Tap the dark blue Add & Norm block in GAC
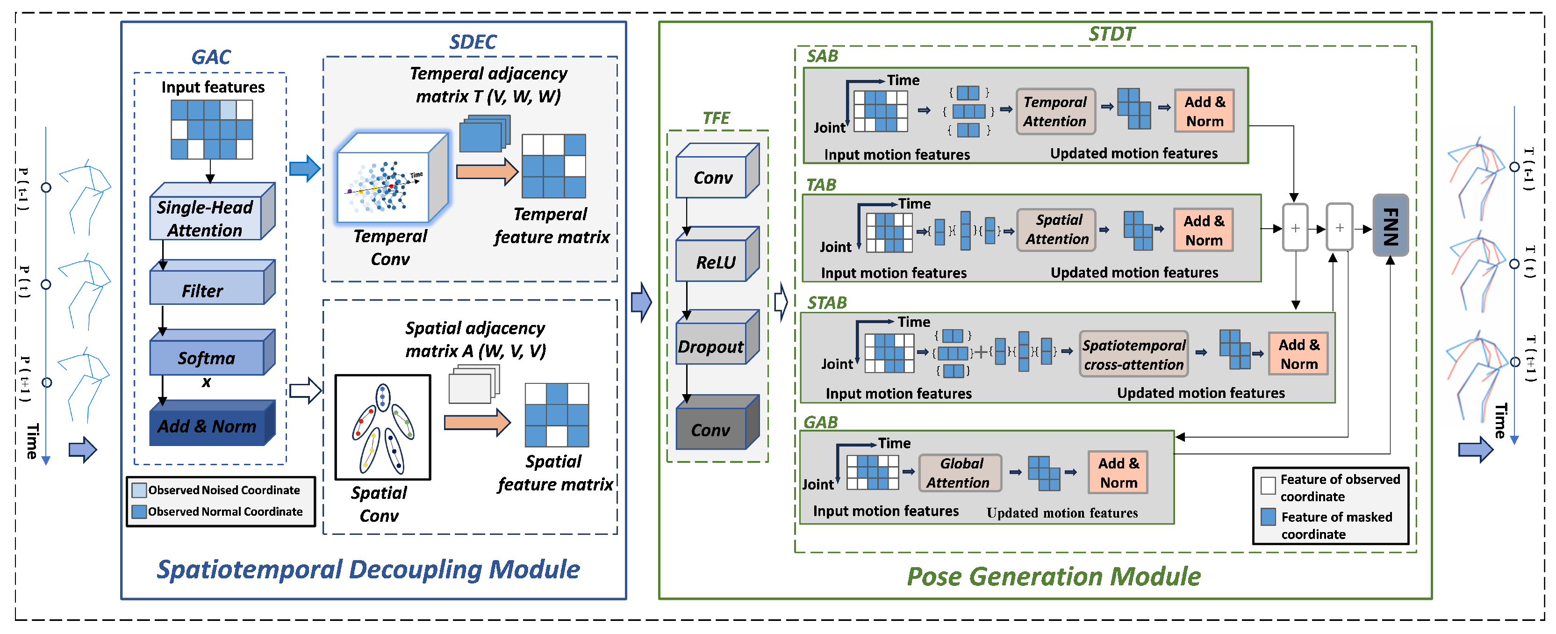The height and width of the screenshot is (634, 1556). pos(207,425)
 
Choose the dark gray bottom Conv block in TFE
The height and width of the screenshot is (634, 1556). pos(711,429)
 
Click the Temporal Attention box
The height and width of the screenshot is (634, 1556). pos(1054,111)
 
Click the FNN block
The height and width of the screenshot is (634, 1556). pos(1390,225)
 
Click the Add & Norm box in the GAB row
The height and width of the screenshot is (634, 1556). pos(1118,473)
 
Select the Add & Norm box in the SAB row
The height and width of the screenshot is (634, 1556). pos(1204,111)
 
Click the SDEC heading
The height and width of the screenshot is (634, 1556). pos(473,42)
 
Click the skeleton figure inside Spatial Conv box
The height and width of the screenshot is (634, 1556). pos(382,428)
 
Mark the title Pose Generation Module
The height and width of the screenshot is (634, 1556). pos(1054,576)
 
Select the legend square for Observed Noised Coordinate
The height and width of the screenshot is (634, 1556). pos(139,490)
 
